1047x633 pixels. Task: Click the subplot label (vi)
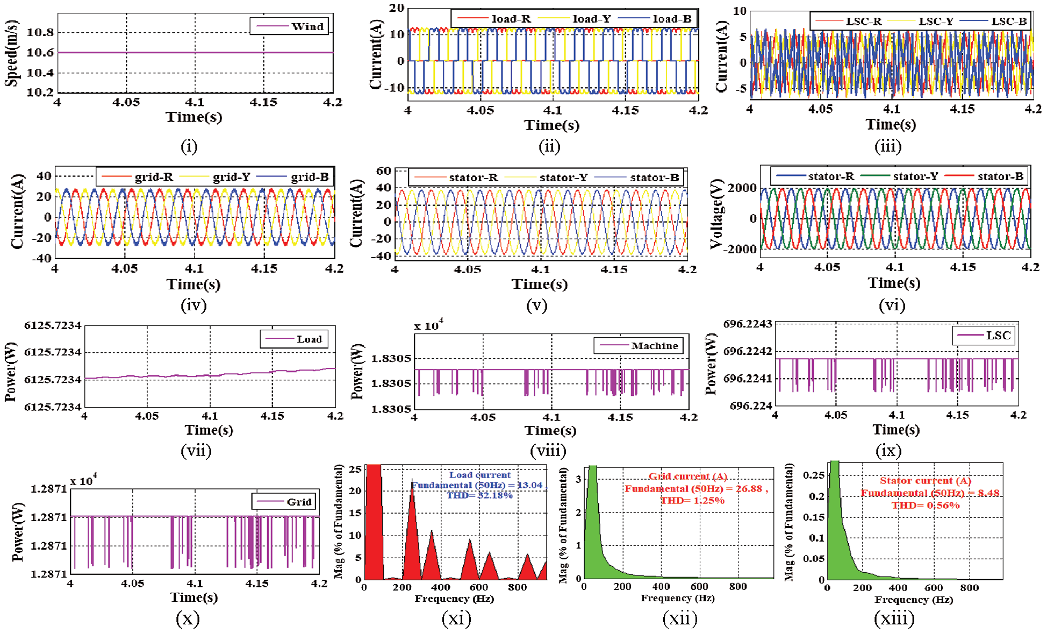click(892, 305)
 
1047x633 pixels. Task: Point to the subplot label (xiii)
click(894, 619)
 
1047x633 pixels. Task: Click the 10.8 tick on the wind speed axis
click(40, 32)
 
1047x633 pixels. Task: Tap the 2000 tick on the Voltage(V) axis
click(742, 188)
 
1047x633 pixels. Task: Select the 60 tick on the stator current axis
click(384, 171)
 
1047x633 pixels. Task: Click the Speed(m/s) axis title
click(12, 53)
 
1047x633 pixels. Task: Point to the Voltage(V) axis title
click(716, 214)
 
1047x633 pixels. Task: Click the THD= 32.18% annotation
click(479, 495)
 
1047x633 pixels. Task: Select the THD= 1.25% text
click(692, 501)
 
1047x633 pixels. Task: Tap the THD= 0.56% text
click(926, 506)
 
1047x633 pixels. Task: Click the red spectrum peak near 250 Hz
click(412, 484)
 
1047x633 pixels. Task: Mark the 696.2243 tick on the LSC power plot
click(748, 324)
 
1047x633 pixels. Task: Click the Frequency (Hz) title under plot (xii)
click(677, 598)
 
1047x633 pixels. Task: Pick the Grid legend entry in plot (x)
click(299, 502)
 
